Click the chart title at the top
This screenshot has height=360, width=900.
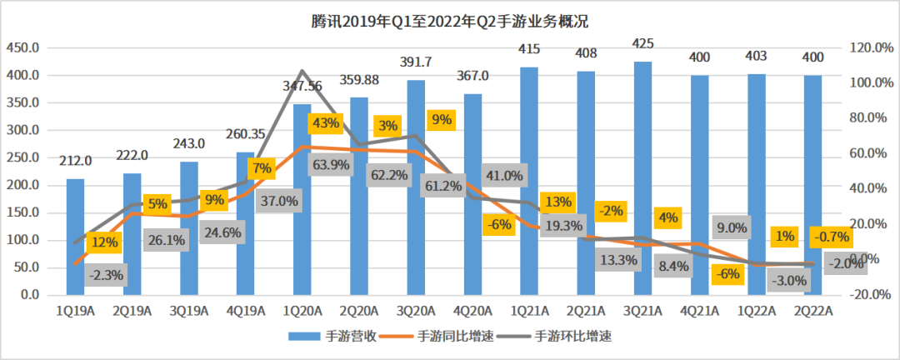[450, 19]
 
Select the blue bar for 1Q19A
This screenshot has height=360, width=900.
[76, 237]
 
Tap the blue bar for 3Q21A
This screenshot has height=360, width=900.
[642, 178]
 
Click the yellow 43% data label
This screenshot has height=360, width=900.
[324, 123]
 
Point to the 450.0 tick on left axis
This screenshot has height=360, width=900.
[22, 47]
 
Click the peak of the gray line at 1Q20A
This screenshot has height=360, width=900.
[302, 71]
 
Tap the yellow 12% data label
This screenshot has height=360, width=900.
[106, 242]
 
